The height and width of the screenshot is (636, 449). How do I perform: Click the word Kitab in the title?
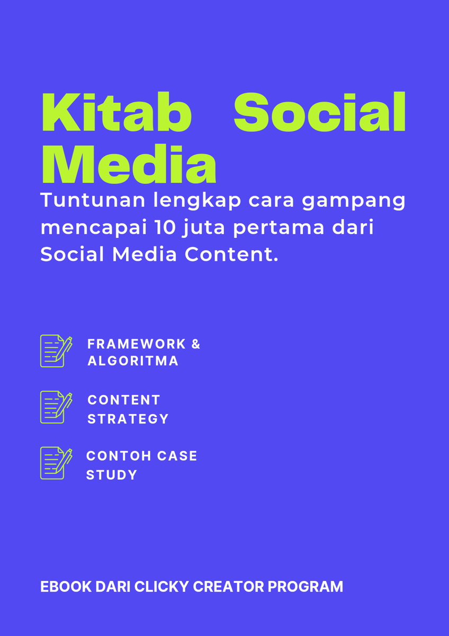[x=116, y=112]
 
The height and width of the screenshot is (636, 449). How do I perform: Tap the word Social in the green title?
[x=320, y=112]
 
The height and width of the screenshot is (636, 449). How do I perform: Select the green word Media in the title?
[x=129, y=165]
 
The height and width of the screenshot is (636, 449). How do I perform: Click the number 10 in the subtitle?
[x=166, y=227]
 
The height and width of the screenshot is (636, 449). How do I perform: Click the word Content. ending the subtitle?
[x=231, y=254]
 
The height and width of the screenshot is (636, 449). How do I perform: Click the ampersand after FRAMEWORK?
[x=195, y=344]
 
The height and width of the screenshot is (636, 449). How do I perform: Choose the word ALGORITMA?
[x=133, y=361]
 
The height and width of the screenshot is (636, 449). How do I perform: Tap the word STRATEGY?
[x=128, y=419]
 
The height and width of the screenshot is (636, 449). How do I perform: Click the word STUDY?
[x=112, y=475]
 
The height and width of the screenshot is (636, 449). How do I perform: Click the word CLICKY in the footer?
[x=161, y=587]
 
